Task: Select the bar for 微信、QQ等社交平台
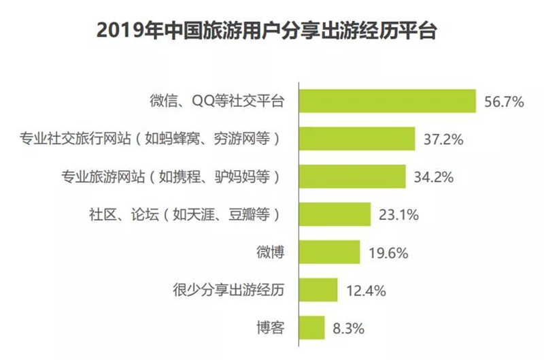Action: [x=388, y=102]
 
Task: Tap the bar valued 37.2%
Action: [x=358, y=140]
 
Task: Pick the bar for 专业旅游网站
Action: [x=353, y=177]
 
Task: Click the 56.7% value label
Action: [x=503, y=103]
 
